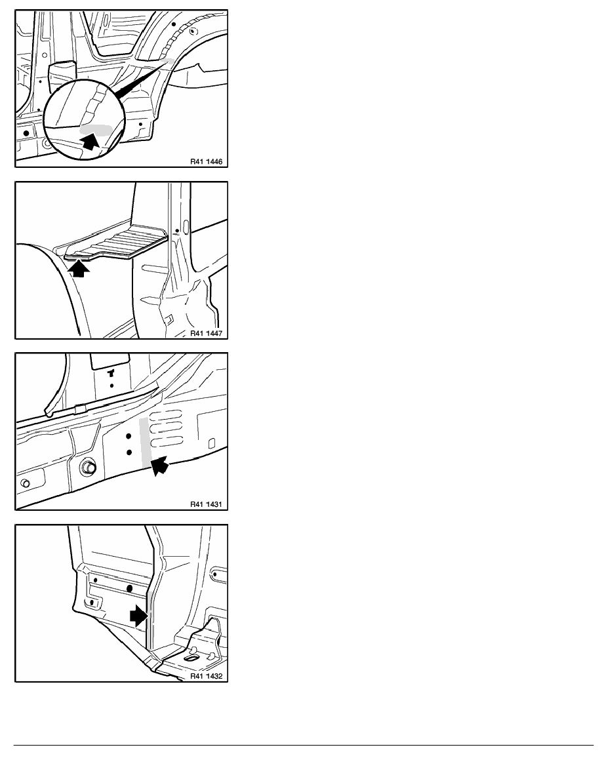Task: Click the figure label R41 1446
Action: (206, 161)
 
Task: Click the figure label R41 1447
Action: (206, 333)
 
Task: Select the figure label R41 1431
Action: (206, 504)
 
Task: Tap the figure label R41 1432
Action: (206, 676)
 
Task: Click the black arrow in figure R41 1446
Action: (90, 140)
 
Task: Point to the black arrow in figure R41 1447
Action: (79, 268)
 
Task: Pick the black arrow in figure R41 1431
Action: (159, 466)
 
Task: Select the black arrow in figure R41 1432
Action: (138, 616)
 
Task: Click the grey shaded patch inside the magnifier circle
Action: (95, 130)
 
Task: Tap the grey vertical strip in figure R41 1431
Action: (145, 442)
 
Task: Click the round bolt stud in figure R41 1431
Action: (89, 467)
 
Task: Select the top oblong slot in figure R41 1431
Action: (167, 413)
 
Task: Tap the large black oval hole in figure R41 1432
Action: (130, 589)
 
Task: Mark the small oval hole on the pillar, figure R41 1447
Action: (186, 227)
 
